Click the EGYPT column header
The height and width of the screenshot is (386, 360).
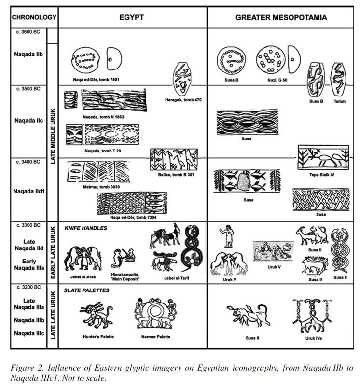(131, 17)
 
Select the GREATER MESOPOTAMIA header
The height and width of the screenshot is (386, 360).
(281, 17)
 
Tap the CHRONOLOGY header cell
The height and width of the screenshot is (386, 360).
(34, 17)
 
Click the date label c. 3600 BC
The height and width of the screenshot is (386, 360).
(28, 32)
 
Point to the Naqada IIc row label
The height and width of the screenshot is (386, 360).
(29, 120)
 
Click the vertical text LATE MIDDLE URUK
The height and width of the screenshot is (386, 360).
(53, 136)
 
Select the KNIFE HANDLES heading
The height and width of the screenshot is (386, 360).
(86, 228)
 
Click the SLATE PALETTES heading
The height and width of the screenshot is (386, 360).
(86, 290)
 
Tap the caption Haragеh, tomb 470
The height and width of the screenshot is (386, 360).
(183, 100)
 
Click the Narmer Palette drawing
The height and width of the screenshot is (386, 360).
(155, 313)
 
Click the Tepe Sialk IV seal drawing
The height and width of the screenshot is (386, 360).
(323, 157)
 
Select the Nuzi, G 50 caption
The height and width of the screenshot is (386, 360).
(277, 80)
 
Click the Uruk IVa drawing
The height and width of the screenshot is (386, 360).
(313, 316)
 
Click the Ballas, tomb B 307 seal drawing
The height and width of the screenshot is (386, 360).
(174, 159)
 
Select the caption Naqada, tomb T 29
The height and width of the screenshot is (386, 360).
(103, 151)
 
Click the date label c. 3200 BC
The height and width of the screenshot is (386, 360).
(28, 287)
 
